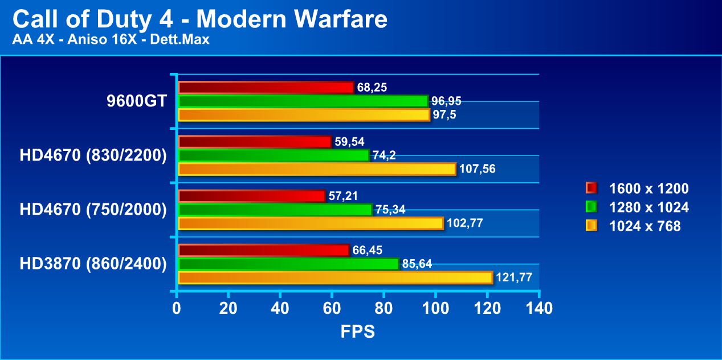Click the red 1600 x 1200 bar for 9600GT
point(266,88)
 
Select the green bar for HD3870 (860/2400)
point(288,264)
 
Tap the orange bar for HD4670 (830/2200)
point(317,169)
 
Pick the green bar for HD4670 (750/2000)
point(275,210)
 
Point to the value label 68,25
point(372,88)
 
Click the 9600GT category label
point(136,101)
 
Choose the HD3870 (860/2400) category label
point(93,264)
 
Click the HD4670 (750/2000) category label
point(93,210)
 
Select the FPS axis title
point(358,332)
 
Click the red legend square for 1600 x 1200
point(591,188)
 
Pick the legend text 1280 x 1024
point(648,207)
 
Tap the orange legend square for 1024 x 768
point(591,226)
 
